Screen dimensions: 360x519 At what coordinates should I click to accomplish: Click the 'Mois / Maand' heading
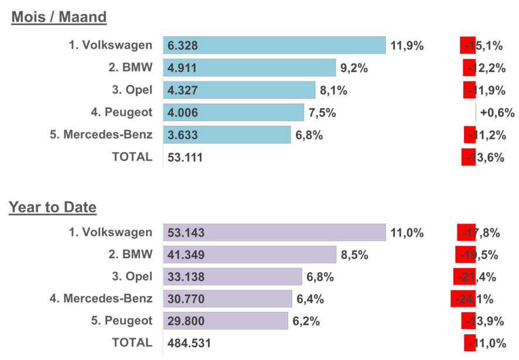click(x=59, y=18)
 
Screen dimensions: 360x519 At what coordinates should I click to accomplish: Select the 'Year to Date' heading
click(x=53, y=207)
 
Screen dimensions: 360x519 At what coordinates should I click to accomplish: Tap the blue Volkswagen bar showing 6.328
click(x=274, y=46)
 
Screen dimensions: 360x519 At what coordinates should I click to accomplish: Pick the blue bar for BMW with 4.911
click(x=250, y=68)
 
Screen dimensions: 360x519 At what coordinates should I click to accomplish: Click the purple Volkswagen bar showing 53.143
click(x=274, y=233)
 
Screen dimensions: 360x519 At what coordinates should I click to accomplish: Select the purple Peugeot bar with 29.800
click(x=226, y=321)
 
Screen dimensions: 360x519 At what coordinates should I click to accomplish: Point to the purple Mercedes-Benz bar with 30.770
click(x=227, y=299)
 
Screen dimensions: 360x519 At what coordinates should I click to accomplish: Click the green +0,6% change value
click(x=497, y=112)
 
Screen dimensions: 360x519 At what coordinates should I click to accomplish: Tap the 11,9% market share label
click(x=407, y=46)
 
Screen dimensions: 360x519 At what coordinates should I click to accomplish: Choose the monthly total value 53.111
click(x=185, y=157)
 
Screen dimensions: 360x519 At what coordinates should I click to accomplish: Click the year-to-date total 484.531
click(x=189, y=343)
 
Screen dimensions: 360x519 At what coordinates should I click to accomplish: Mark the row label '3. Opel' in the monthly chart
click(x=132, y=90)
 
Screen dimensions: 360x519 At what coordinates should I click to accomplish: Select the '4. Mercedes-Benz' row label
click(x=101, y=299)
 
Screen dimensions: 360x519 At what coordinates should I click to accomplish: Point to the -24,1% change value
click(x=472, y=299)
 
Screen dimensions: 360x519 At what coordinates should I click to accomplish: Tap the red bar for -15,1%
click(x=468, y=46)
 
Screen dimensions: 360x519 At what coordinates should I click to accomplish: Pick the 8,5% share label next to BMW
click(x=354, y=255)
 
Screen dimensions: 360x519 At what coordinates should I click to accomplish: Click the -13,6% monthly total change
click(x=484, y=157)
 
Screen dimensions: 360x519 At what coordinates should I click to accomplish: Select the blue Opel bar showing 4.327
click(x=239, y=90)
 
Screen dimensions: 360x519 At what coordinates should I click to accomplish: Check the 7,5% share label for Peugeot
click(x=322, y=112)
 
